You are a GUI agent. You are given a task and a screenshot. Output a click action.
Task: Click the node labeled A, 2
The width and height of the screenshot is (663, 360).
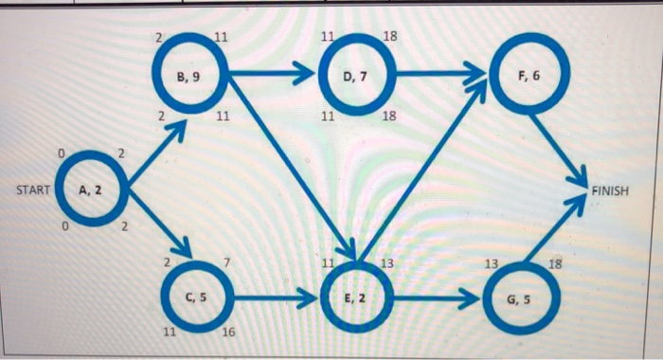pos(92,189)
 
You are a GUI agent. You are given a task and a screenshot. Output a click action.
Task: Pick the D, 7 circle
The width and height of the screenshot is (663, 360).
pos(352,76)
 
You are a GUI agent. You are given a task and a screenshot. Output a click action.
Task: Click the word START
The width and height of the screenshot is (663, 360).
pos(35,190)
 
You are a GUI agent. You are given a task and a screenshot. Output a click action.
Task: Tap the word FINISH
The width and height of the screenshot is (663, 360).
pos(609,190)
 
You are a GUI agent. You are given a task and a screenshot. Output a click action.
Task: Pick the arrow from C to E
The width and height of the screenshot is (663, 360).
pos(275,298)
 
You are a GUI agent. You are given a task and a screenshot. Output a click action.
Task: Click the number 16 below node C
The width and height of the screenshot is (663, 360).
pos(228,333)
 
